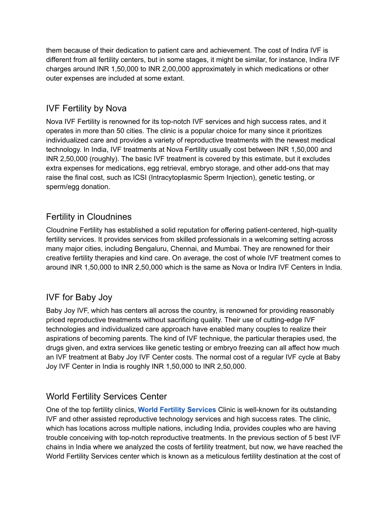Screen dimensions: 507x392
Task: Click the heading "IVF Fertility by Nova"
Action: [x=86, y=108]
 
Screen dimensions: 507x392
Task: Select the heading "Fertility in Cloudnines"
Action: [x=89, y=217]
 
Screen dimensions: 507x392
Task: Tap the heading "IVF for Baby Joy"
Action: [x=79, y=297]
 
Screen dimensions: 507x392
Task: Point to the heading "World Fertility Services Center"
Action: [x=106, y=396]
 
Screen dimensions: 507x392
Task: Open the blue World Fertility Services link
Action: [x=177, y=410]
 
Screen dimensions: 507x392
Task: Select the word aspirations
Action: [x=63, y=339]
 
